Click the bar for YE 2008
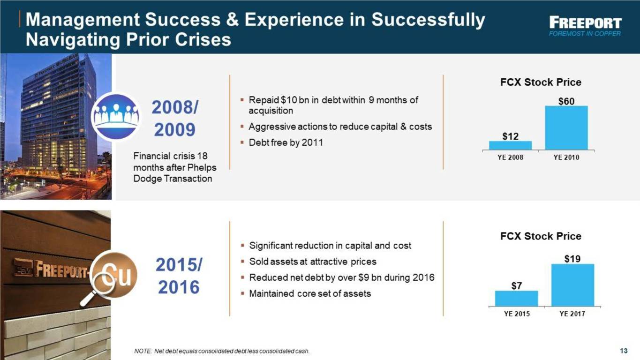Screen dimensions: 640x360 510,145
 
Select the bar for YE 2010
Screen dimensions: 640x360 566,127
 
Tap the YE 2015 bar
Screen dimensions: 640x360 516,299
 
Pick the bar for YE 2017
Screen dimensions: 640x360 572,285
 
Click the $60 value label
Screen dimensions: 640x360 566,101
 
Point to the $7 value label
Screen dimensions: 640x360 517,286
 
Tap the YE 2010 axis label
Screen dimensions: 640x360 566,157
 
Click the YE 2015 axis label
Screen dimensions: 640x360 517,314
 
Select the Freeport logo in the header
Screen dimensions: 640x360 585,26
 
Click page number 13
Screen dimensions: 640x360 624,351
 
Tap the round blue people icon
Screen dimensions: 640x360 116,117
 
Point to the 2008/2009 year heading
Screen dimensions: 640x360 174,119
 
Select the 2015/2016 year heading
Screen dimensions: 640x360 179,276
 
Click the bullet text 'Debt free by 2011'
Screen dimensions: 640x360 286,142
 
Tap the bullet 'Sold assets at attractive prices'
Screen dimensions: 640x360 313,262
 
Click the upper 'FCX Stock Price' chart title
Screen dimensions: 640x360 541,82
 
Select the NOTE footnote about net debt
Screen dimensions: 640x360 222,351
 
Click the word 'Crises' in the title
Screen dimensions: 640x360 203,39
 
